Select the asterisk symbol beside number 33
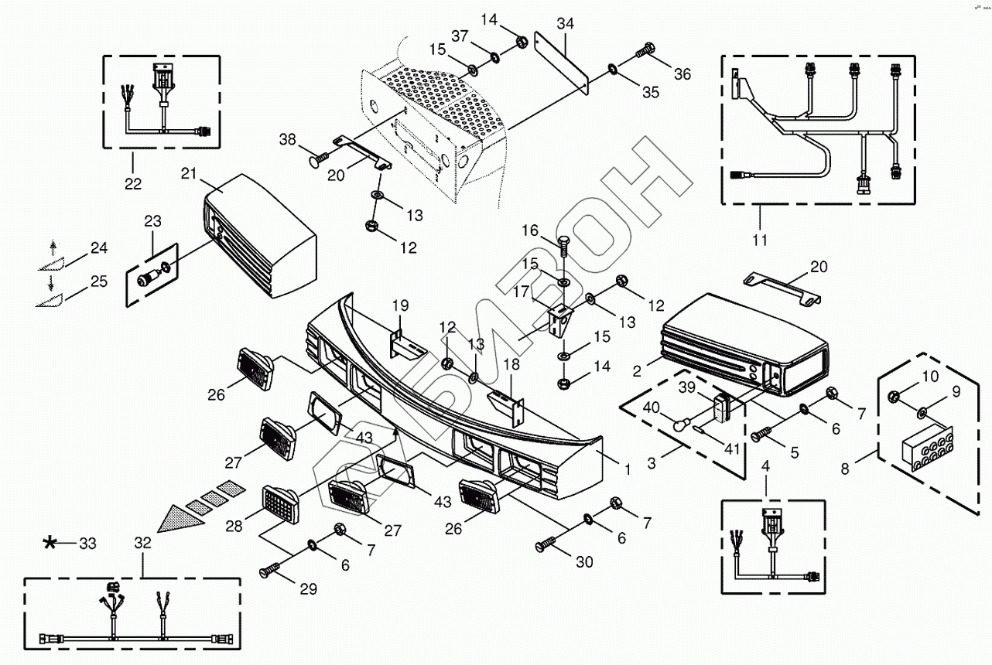click(x=50, y=544)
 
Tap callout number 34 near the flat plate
click(x=565, y=24)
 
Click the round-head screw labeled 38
click(x=318, y=161)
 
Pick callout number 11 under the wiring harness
click(x=760, y=240)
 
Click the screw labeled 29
click(x=273, y=572)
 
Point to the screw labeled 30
click(x=546, y=546)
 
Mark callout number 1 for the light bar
click(x=627, y=469)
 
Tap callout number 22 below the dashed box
click(x=133, y=183)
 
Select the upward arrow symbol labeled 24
click(x=53, y=247)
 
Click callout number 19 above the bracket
click(x=400, y=305)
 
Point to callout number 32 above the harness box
click(x=142, y=543)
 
